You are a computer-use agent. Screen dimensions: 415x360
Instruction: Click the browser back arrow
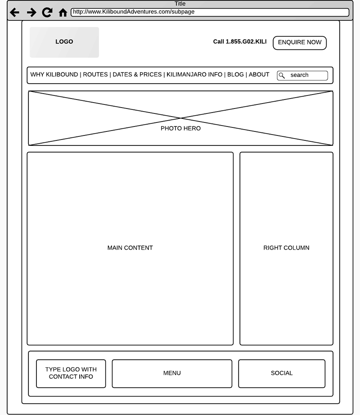coord(14,13)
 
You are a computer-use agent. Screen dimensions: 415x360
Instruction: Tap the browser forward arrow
coord(31,13)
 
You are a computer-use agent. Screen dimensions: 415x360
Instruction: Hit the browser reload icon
coord(47,13)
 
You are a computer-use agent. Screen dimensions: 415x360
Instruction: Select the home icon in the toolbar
coord(63,13)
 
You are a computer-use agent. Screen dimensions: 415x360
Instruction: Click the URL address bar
coord(210,12)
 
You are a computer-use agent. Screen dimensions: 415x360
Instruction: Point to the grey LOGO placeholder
coord(64,42)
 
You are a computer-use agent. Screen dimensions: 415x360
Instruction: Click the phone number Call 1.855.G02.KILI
coord(240,42)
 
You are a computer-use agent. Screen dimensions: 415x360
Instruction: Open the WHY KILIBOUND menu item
coord(54,75)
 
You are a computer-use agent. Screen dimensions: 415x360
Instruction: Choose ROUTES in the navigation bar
coord(95,75)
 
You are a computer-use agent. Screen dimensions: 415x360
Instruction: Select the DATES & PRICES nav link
coord(137,75)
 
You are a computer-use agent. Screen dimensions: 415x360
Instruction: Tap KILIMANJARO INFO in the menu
coord(194,75)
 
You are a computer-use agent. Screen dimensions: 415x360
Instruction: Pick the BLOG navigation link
coord(235,75)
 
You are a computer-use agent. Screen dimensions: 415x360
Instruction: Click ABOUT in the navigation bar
coord(259,75)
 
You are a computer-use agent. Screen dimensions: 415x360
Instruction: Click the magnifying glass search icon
coord(282,76)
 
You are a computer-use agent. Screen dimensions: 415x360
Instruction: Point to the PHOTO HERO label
coord(180,129)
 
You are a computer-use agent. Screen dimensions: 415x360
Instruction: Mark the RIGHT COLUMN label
coord(286,248)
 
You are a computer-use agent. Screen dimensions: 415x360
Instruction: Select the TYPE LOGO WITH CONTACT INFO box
coord(71,373)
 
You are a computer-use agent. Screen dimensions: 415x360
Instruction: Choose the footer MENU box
coord(172,373)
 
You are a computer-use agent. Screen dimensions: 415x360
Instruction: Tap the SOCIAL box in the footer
coord(282,373)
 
